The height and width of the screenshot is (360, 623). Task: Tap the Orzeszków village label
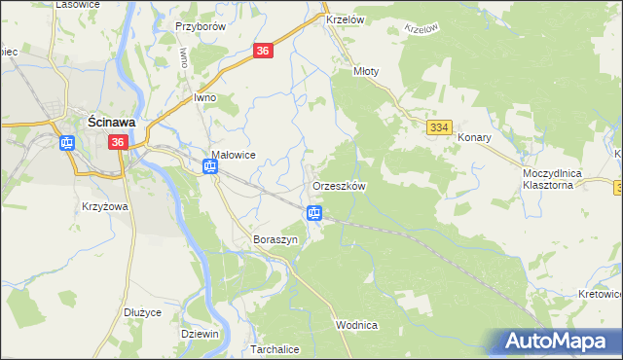point(338,186)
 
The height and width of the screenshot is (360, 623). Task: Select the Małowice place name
point(234,154)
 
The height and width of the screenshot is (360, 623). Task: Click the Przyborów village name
point(200,27)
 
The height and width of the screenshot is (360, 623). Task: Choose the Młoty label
point(365,72)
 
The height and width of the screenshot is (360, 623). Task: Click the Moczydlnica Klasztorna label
point(552,177)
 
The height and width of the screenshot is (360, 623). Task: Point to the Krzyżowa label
point(106,206)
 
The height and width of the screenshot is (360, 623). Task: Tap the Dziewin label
point(200,333)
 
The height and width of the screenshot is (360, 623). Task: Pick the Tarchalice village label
point(275,348)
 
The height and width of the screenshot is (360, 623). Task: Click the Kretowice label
point(600,293)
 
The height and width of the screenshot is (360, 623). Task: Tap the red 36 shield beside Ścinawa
point(118,142)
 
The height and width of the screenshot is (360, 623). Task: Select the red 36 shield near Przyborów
point(262,52)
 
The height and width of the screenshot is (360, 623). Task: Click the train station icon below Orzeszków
point(314,213)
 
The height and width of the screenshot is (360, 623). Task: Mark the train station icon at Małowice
point(210,167)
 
